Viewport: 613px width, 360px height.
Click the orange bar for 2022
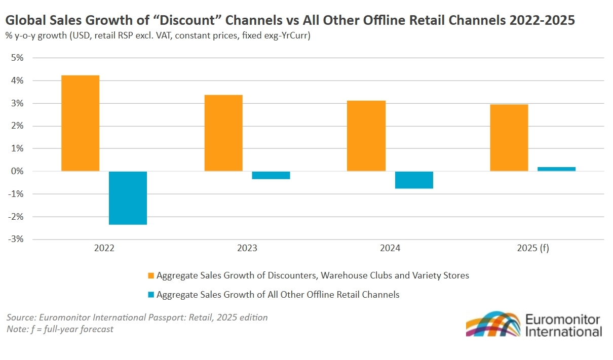point(80,123)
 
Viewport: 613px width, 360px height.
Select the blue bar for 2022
point(128,197)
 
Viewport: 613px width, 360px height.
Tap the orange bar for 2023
point(223,133)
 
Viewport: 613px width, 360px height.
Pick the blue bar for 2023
point(271,175)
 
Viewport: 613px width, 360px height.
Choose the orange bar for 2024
point(366,136)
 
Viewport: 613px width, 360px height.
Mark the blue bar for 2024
point(414,180)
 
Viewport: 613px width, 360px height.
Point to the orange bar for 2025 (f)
point(509,138)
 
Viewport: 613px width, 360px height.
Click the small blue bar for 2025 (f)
point(556,169)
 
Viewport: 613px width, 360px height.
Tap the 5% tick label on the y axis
point(17,58)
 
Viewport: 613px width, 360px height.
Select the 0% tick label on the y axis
point(17,171)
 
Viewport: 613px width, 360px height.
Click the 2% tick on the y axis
point(17,126)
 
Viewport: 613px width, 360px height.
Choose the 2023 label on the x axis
point(247,249)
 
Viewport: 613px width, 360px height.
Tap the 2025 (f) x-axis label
point(532,249)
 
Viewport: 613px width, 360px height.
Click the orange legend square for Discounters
point(150,276)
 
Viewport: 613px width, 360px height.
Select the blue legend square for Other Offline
point(150,295)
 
